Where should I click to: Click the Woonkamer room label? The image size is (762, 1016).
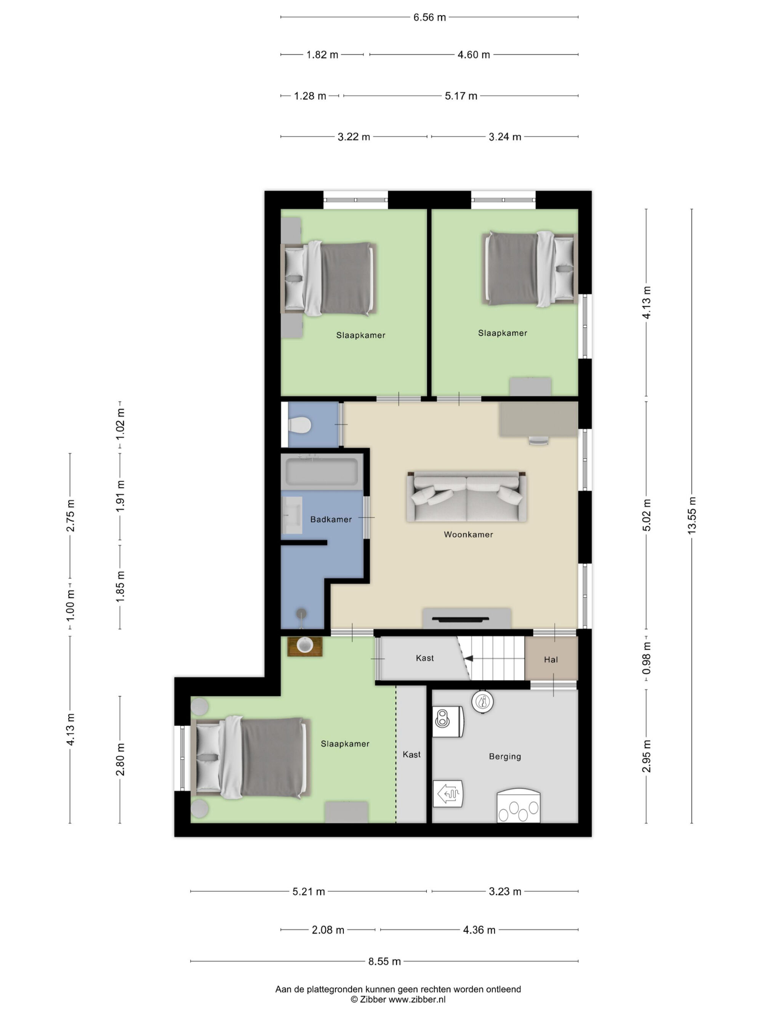pyautogui.click(x=468, y=534)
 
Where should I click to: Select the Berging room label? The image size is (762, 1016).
pyautogui.click(x=505, y=756)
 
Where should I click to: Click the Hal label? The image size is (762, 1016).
pyautogui.click(x=551, y=659)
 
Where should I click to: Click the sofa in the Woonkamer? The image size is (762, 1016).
pyautogui.click(x=466, y=496)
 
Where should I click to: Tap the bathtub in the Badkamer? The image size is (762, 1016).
pyautogui.click(x=322, y=471)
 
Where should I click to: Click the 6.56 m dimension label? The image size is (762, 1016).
pyautogui.click(x=429, y=18)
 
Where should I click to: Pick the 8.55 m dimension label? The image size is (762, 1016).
pyautogui.click(x=384, y=961)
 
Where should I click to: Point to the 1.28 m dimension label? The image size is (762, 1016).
pyautogui.click(x=310, y=96)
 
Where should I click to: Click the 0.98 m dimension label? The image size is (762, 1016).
pyautogui.click(x=646, y=658)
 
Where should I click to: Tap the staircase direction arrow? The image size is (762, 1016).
pyautogui.click(x=468, y=659)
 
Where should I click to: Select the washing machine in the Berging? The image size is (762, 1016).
pyautogui.click(x=448, y=721)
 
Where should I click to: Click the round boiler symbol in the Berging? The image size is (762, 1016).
pyautogui.click(x=482, y=701)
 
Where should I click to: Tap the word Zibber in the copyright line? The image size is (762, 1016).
pyautogui.click(x=373, y=1000)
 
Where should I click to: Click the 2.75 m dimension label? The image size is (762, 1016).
pyautogui.click(x=70, y=515)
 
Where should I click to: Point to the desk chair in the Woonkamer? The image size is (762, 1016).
pyautogui.click(x=538, y=440)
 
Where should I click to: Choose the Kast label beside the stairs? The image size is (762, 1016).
pyautogui.click(x=424, y=658)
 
